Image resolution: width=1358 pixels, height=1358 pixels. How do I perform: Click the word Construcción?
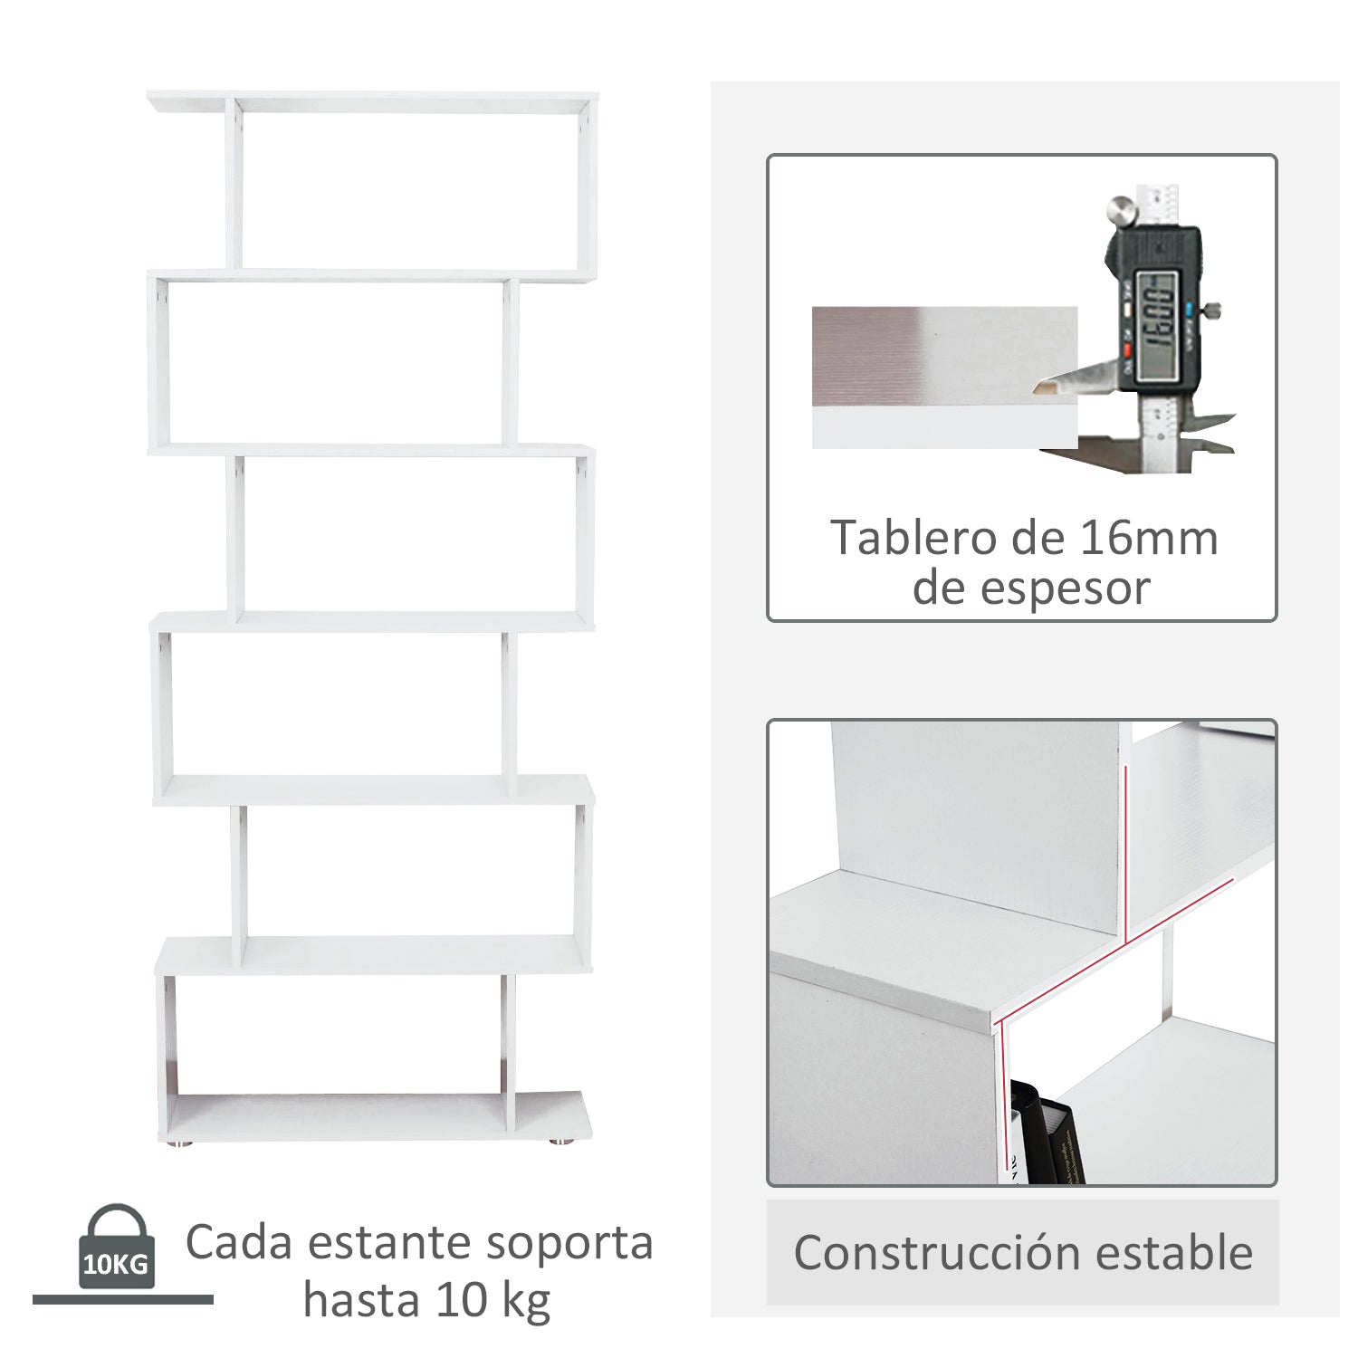click(937, 1253)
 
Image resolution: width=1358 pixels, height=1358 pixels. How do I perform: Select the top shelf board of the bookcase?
click(371, 101)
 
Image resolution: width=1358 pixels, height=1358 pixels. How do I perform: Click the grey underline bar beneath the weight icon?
click(122, 1299)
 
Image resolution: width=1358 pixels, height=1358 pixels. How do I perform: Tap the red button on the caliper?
click(1128, 350)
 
